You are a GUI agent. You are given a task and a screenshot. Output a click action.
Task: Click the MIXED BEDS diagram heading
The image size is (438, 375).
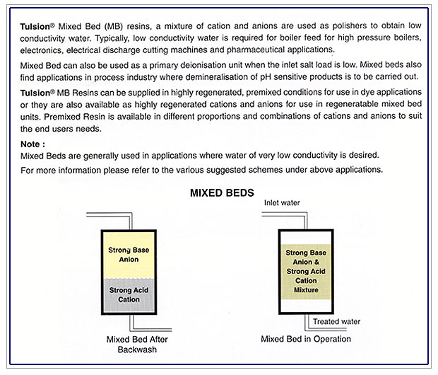click(x=222, y=192)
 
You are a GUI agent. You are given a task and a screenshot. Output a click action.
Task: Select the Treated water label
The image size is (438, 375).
click(x=336, y=321)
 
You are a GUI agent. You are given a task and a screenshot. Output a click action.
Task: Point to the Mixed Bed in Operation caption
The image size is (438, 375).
click(x=306, y=339)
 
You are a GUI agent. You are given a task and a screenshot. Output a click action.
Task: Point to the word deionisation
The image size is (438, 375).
click(x=199, y=65)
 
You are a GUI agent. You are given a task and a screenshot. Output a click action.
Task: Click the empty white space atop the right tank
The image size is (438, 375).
click(x=306, y=237)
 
